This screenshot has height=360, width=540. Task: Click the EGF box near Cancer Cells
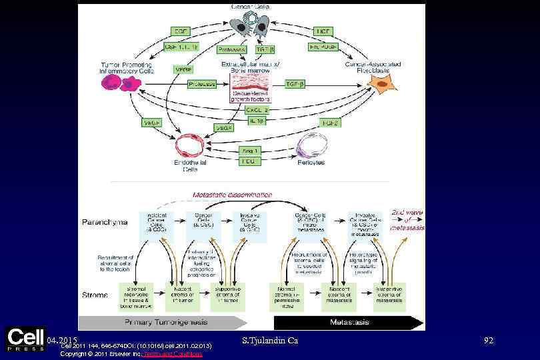click(181, 31)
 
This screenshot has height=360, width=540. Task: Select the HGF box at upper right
click(323, 31)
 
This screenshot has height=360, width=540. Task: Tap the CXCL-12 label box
click(257, 109)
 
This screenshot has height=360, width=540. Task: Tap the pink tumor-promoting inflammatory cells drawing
click(121, 83)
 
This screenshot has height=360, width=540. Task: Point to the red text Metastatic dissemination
click(232, 195)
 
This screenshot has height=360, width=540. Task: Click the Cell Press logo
click(25, 339)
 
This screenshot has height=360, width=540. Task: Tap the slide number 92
click(488, 341)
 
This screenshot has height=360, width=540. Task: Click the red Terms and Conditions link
click(183, 354)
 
